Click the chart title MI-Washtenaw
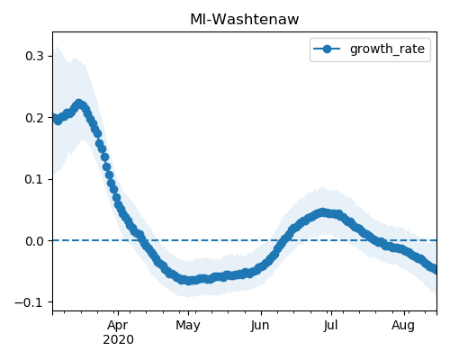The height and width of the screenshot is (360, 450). click(245, 20)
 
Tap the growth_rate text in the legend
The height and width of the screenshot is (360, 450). click(387, 49)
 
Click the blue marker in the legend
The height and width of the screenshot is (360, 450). click(327, 49)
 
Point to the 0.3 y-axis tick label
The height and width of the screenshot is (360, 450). click(34, 56)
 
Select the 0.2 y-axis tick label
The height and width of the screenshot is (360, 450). click(34, 118)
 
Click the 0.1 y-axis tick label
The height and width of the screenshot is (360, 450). click(34, 179)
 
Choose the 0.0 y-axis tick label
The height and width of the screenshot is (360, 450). click(34, 241)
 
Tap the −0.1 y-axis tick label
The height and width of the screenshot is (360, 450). click(30, 302)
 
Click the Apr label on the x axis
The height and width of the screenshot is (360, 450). click(118, 326)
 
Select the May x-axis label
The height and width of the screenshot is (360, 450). click(188, 326)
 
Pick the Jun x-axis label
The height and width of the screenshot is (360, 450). click(260, 326)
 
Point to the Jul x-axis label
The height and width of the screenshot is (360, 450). click(331, 326)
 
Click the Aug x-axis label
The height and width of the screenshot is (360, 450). click(403, 326)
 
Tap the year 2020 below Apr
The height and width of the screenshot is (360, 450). click(118, 340)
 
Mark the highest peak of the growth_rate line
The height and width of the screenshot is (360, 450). click(79, 104)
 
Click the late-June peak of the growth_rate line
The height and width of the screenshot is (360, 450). click(322, 212)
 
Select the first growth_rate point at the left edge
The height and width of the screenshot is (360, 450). click(54, 118)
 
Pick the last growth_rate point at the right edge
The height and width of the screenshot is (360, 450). click(435, 268)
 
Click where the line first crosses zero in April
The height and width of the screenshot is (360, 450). click(142, 240)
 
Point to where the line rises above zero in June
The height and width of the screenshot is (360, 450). click(284, 240)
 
